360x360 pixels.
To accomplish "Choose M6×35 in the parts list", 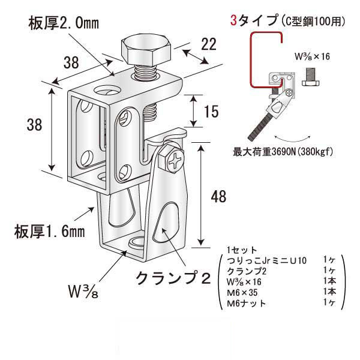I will pos(245,292).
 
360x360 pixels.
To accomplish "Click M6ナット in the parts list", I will pos(247,304).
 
